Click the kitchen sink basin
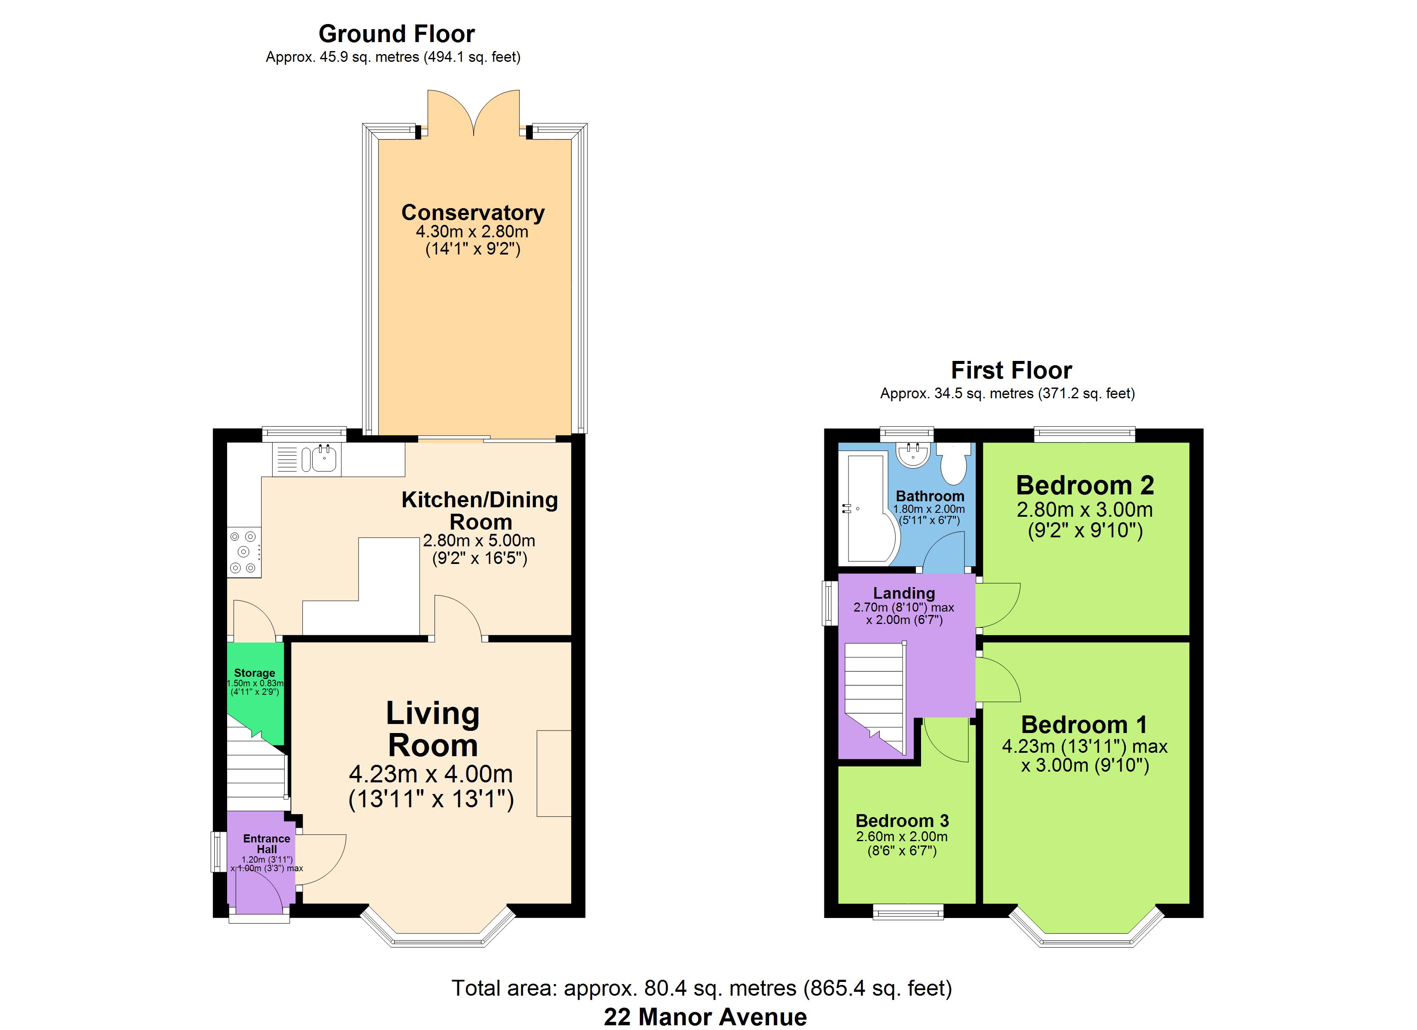click(x=324, y=460)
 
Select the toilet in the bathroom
click(x=953, y=463)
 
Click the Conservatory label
click(x=472, y=212)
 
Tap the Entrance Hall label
click(x=267, y=844)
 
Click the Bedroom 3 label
click(x=902, y=820)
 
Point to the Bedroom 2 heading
click(x=1085, y=485)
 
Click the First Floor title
click(x=1012, y=370)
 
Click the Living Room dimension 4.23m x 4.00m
click(x=431, y=774)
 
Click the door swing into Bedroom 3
click(x=946, y=740)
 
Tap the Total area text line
click(x=702, y=988)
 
